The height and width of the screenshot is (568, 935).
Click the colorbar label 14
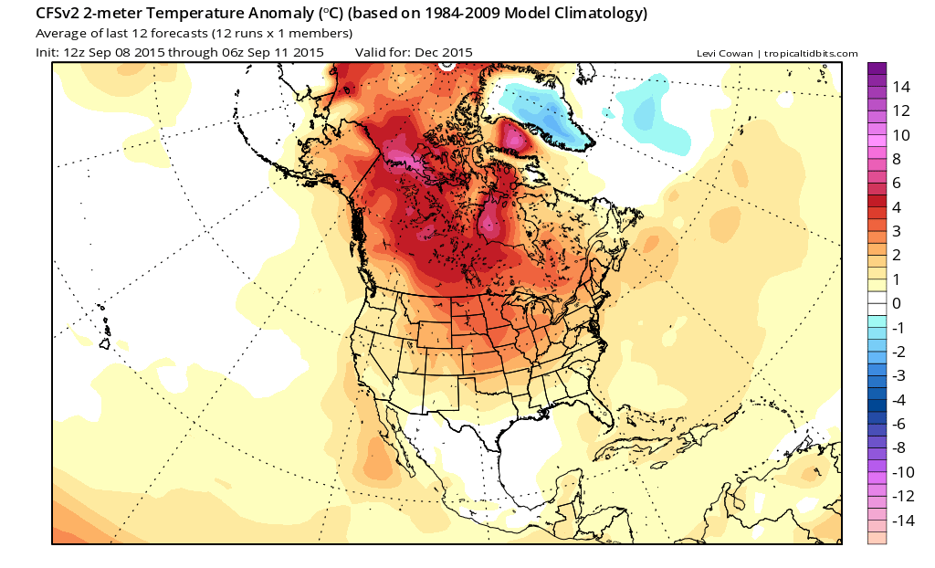tap(901, 87)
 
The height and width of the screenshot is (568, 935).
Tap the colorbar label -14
tap(901, 521)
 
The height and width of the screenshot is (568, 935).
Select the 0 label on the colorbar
tap(898, 303)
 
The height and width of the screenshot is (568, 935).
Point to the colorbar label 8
tap(898, 159)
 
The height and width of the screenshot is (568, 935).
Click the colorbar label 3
tap(898, 231)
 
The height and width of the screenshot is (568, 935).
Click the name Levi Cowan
tap(724, 53)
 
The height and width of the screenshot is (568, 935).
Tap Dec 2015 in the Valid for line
tap(444, 52)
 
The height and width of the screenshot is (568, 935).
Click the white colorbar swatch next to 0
tap(877, 303)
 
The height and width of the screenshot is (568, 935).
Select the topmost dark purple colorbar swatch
tap(877, 68)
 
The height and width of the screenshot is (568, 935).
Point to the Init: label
tap(47, 52)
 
